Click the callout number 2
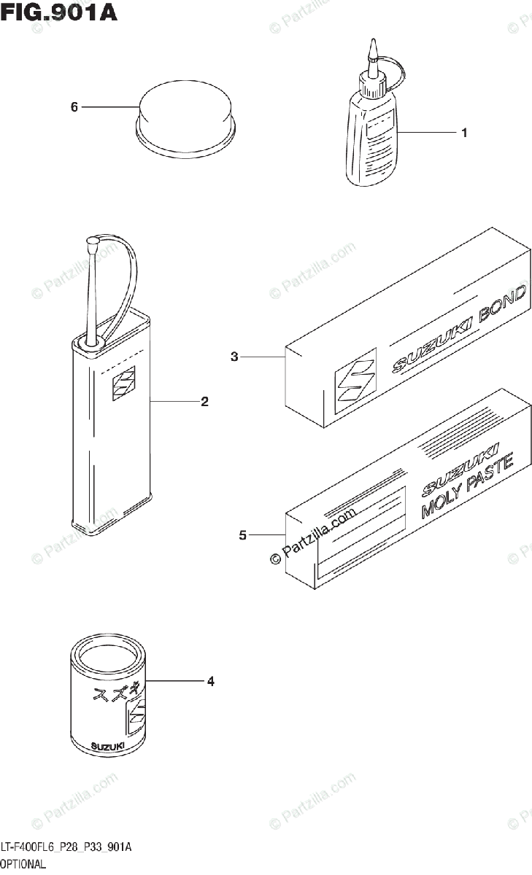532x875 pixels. coord(205,401)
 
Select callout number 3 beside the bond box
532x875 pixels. coord(234,357)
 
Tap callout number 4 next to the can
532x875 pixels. coord(210,682)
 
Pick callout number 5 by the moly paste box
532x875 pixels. coord(242,537)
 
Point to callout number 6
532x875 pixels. coord(74,107)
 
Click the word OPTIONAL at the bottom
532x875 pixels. coord(23,864)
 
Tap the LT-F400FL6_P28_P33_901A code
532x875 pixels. coord(66,848)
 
